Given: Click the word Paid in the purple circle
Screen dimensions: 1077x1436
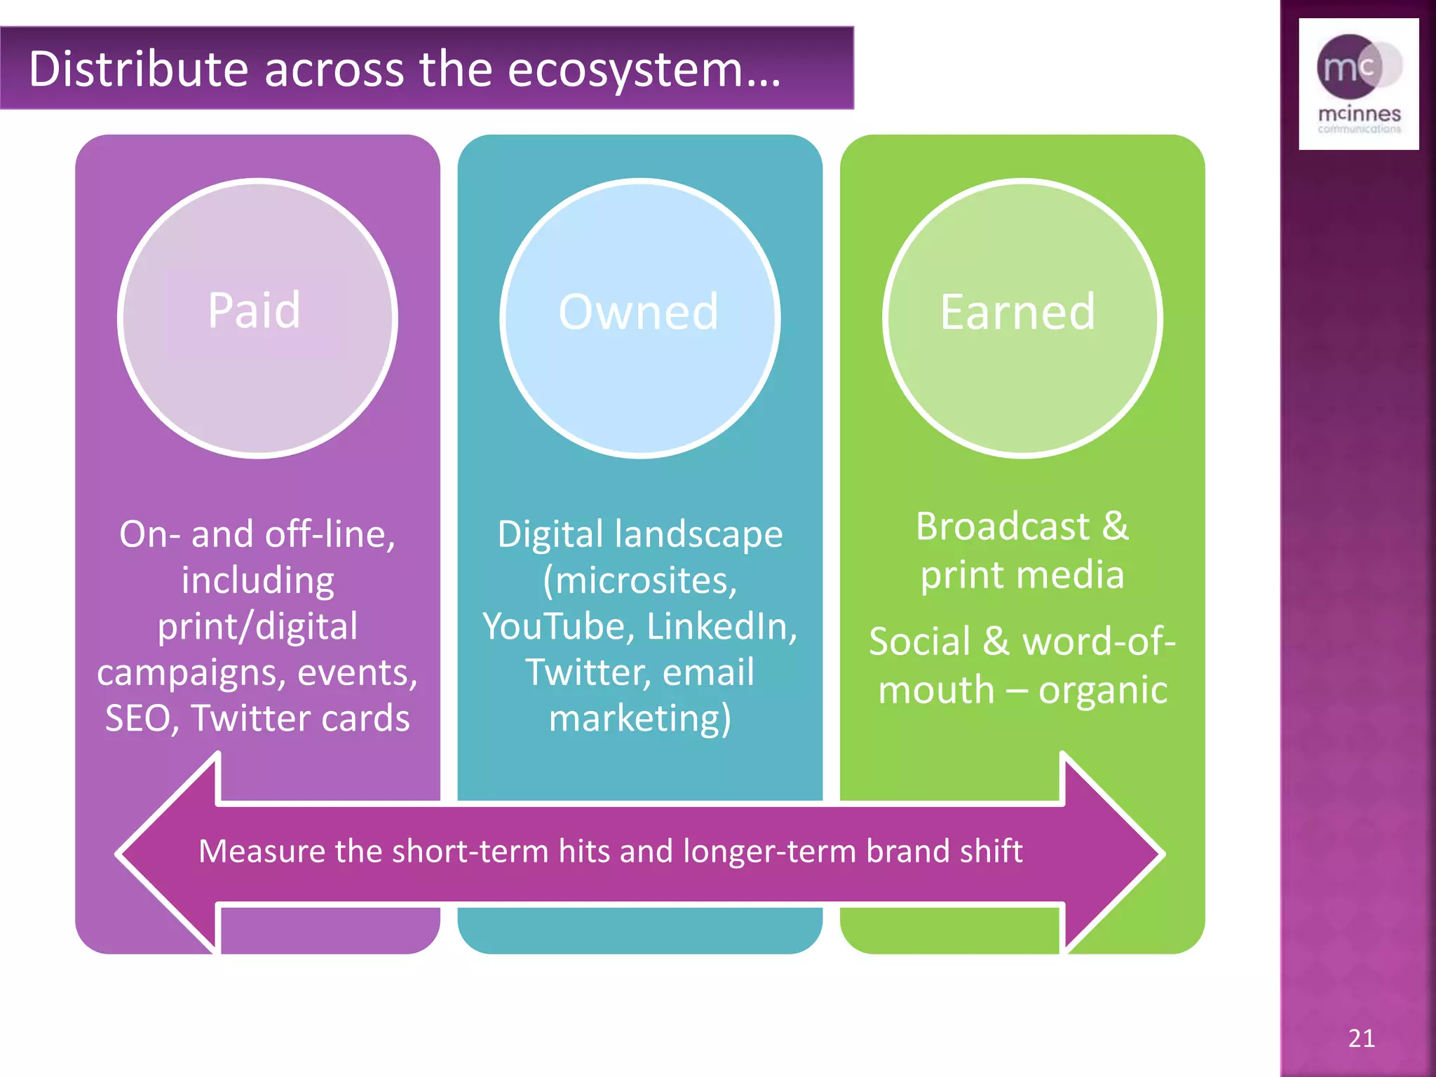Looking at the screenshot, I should (x=254, y=310).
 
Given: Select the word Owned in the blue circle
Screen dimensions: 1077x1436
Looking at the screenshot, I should (x=639, y=311).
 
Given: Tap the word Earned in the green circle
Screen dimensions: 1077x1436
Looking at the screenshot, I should (x=1017, y=311).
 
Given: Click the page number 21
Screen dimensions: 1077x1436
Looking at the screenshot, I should (x=1361, y=1038).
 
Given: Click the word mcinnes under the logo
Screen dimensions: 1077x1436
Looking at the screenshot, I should (x=1359, y=114).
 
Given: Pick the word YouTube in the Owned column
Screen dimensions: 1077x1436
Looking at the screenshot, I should (x=558, y=626).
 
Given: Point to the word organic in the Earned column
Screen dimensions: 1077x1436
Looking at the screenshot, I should (x=1102, y=690).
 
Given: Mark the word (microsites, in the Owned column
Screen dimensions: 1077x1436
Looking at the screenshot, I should (x=639, y=581).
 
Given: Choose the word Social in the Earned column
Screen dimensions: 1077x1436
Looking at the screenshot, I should (x=919, y=642).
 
